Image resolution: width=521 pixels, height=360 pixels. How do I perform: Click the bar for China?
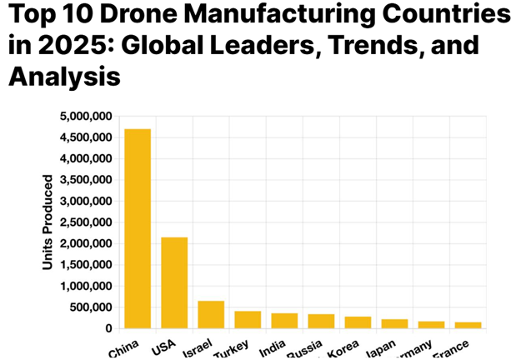pos(138,228)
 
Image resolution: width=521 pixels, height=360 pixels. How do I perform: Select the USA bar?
pos(174,282)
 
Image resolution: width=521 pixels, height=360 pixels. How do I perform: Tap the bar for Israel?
pos(211,314)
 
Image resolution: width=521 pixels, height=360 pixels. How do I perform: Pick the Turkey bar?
pos(248,319)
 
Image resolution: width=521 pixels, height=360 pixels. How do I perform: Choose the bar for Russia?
pos(321,321)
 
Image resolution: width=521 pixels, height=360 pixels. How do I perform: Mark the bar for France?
pos(468,325)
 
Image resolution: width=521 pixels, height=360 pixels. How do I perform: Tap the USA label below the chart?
pos(163,345)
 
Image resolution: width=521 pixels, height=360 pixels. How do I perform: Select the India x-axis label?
pos(273,345)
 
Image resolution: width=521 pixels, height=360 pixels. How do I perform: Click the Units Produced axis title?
pos(48,222)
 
